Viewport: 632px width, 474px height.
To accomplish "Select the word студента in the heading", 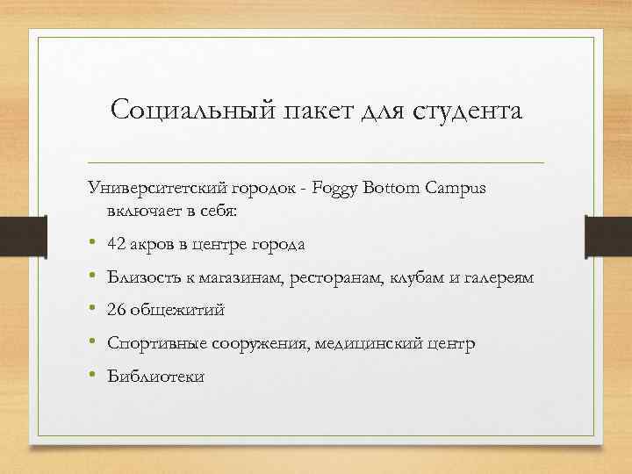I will [471, 111].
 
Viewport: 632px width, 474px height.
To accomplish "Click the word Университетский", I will [158, 189].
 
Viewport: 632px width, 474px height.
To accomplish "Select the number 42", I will [117, 243].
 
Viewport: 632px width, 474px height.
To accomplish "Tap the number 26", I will [117, 310].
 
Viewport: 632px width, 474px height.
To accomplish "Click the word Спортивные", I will [154, 344].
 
